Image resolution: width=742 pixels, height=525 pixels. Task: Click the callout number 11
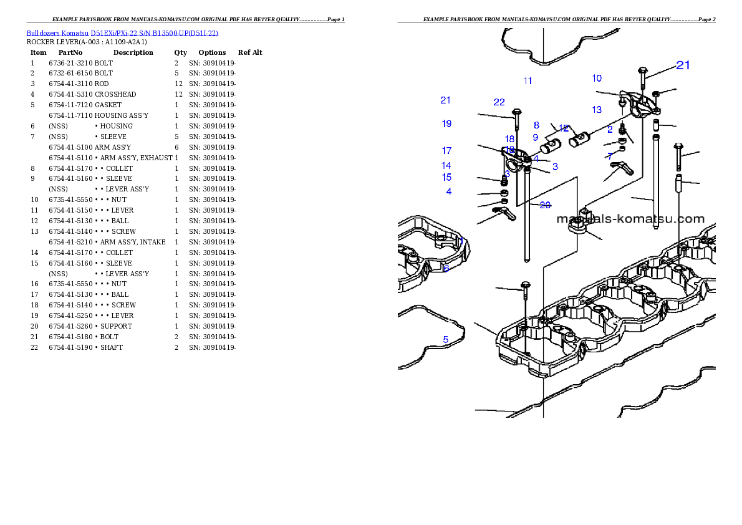tap(528, 81)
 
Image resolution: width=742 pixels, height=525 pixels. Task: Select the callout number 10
tap(597, 79)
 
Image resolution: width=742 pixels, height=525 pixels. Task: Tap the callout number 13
tap(597, 110)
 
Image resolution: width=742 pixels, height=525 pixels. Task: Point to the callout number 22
tap(499, 102)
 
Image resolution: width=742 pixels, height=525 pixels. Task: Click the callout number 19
tap(446, 124)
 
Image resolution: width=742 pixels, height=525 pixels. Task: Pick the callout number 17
tap(446, 151)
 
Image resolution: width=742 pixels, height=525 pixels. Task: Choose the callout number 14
tap(446, 166)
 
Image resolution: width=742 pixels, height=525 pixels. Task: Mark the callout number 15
tap(446, 178)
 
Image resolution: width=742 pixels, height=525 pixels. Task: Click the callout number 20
tap(545, 205)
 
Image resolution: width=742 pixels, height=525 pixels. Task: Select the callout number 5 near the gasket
tap(446, 340)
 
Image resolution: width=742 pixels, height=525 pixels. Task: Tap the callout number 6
tap(446, 269)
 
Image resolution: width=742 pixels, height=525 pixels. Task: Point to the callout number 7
tap(610, 156)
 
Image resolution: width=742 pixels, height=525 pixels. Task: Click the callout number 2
tap(610, 130)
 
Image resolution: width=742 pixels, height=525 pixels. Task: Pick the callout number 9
tap(535, 137)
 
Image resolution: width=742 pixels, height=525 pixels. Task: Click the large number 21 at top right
tap(683, 65)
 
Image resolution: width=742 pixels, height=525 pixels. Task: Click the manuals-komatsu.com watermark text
tap(630, 219)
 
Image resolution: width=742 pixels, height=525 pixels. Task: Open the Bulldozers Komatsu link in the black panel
tap(122, 33)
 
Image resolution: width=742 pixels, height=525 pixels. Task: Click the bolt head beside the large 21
tap(643, 70)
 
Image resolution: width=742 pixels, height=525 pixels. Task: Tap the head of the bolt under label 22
tap(516, 112)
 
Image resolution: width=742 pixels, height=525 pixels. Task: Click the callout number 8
tap(536, 125)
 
